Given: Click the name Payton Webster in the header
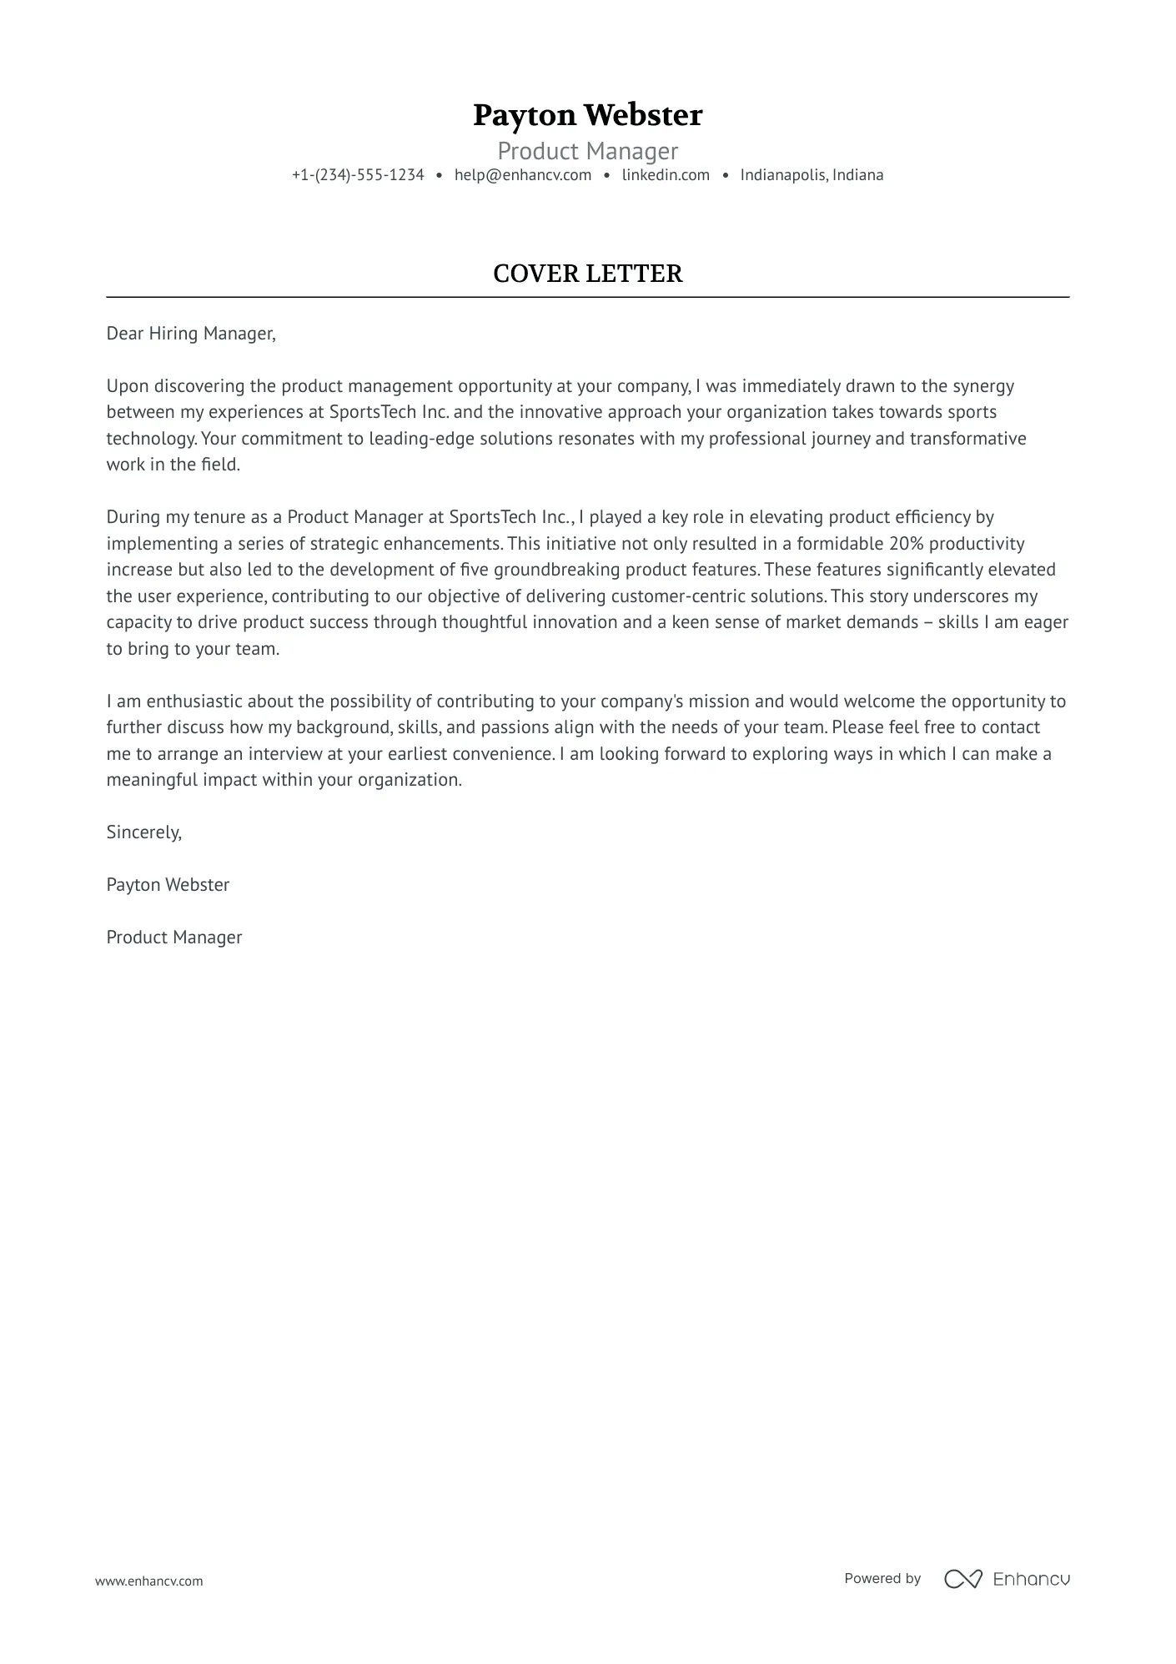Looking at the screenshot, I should coord(587,115).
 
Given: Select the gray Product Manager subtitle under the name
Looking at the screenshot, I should coord(587,151).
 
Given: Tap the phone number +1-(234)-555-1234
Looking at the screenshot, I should coord(358,175).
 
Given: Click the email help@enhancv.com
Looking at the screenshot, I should coord(523,175).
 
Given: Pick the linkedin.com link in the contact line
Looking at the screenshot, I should coord(666,175).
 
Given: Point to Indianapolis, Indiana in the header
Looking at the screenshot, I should coord(812,175).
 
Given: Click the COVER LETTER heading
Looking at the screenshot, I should coord(587,274).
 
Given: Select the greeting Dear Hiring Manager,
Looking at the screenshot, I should coord(191,334).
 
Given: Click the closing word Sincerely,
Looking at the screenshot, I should coord(143,832).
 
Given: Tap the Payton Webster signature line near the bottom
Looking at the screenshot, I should coord(168,885).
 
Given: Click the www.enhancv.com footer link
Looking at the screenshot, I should coord(149,1581).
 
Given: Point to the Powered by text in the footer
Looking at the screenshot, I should coord(882,1578).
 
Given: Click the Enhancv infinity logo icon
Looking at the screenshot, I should coord(962,1579).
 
